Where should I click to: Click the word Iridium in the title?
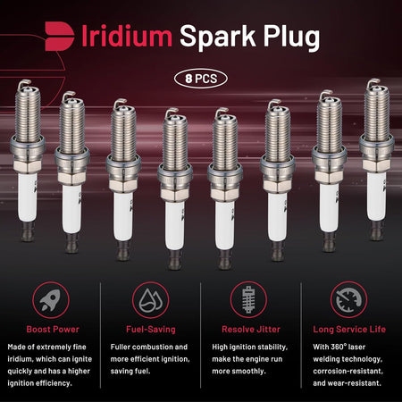coord(127,36)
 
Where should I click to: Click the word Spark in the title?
coord(217,37)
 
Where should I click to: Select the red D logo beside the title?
coord(60,36)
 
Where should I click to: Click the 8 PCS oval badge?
coord(201,79)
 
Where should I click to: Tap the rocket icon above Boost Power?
coord(51,300)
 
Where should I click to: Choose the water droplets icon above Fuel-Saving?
coord(151,300)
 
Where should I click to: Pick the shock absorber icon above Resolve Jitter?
coord(248,300)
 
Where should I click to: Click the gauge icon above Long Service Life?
coord(348,300)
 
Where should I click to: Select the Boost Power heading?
coord(53,330)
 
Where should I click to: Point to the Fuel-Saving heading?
coord(151,330)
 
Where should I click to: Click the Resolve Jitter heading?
coord(251,330)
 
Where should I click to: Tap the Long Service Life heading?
coord(349,330)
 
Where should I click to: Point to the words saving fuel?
coord(130,372)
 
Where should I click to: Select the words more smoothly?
coord(239,372)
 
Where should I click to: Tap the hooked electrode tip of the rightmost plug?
coord(373,83)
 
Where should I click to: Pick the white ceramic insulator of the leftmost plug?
coord(27,197)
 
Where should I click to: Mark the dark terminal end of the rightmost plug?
coord(376,230)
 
